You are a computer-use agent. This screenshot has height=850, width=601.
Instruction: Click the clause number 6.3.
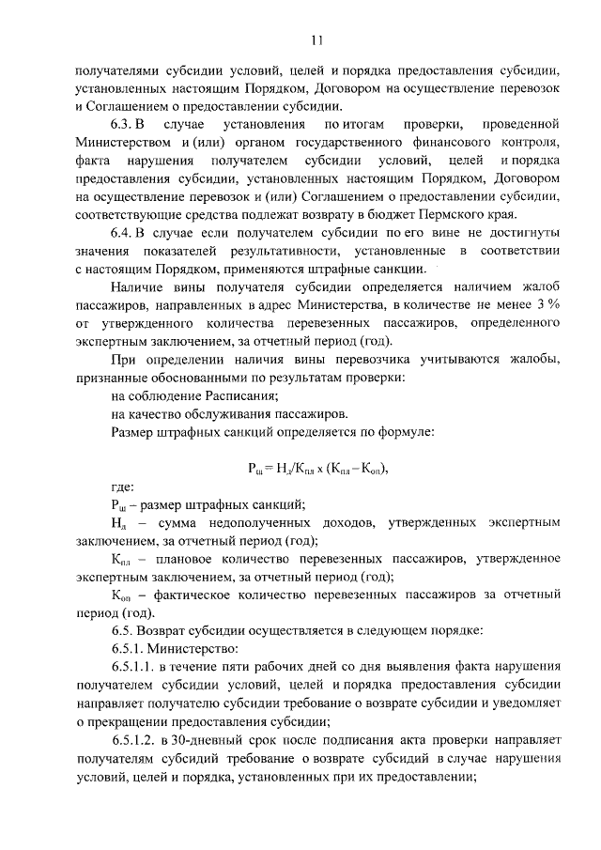[124, 125]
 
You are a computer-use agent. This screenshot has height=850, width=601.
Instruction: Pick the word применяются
[273, 269]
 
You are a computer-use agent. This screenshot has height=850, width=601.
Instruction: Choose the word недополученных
[254, 522]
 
